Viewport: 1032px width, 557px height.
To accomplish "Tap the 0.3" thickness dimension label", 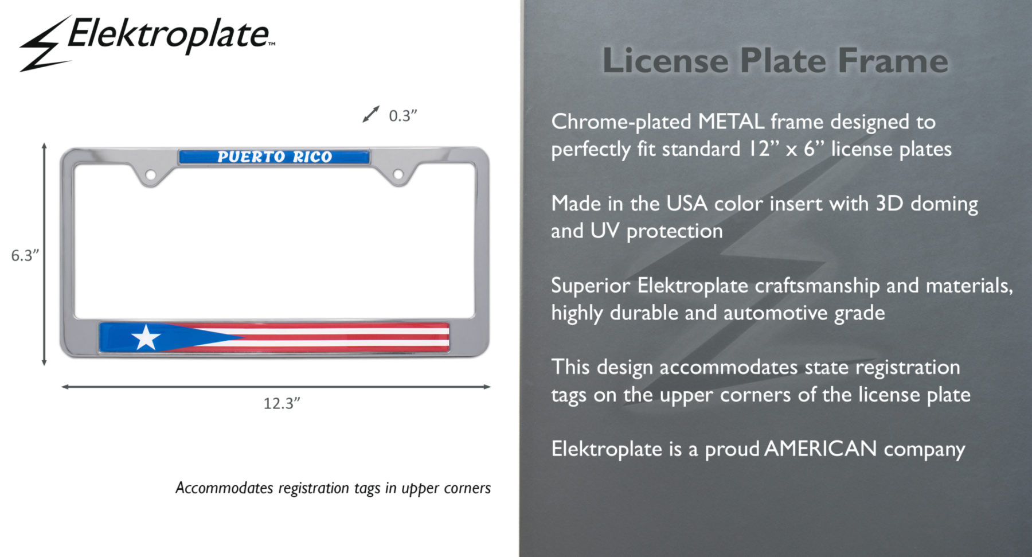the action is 402,116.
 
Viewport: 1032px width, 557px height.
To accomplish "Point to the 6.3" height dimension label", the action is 25,255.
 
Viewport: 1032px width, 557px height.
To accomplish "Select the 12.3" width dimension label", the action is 282,403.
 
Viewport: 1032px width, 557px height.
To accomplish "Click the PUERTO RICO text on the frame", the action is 275,157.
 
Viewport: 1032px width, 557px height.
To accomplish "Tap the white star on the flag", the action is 146,337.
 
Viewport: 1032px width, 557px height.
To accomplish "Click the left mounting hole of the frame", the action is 150,174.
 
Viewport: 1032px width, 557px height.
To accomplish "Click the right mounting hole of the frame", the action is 398,174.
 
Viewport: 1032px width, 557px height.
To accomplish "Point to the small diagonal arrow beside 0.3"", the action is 371,114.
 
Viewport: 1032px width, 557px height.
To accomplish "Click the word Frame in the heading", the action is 893,60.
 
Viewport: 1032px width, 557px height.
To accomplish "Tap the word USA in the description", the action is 687,204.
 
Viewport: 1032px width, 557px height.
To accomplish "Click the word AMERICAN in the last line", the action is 820,449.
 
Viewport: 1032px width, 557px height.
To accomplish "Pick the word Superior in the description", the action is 591,286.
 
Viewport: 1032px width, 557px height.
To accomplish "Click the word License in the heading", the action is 665,60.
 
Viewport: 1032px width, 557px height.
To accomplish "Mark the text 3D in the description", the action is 889,204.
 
